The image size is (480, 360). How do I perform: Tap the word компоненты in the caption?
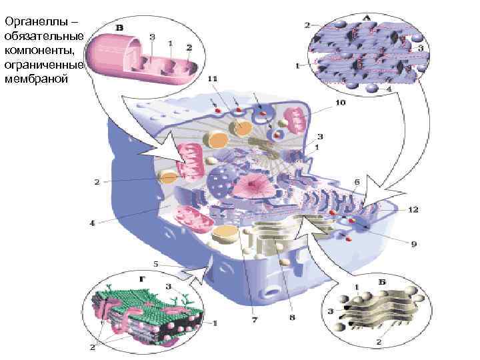(x=39, y=50)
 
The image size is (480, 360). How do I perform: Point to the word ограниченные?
(x=44, y=65)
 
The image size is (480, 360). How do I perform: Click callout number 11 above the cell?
(x=212, y=79)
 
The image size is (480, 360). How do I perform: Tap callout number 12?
(x=413, y=210)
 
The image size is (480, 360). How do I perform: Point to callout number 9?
(x=413, y=244)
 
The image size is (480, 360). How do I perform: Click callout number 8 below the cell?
(x=292, y=317)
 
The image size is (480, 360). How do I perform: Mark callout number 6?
(x=357, y=181)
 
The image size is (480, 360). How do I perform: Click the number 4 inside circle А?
(x=389, y=89)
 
